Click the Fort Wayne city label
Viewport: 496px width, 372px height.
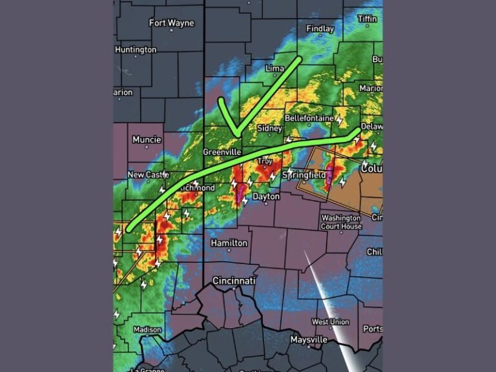tap(171, 23)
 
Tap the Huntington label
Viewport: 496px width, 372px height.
tap(136, 50)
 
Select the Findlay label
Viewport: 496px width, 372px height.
tap(320, 29)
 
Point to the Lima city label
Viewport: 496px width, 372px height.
tap(275, 68)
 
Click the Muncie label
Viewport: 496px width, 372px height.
tap(147, 139)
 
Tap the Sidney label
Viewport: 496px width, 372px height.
tap(269, 129)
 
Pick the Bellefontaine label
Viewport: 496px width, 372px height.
tap(309, 119)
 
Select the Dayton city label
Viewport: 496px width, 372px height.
tap(266, 196)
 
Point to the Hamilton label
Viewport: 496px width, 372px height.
tap(229, 243)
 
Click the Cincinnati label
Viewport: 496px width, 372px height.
tap(234, 281)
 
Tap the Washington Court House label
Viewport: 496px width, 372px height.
tap(342, 222)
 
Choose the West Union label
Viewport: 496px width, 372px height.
tap(330, 322)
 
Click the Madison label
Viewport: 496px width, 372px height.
tap(147, 329)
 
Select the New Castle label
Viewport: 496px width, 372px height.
tap(145, 175)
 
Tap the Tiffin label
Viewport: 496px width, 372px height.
tap(367, 19)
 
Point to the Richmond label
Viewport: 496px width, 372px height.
tap(197, 188)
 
